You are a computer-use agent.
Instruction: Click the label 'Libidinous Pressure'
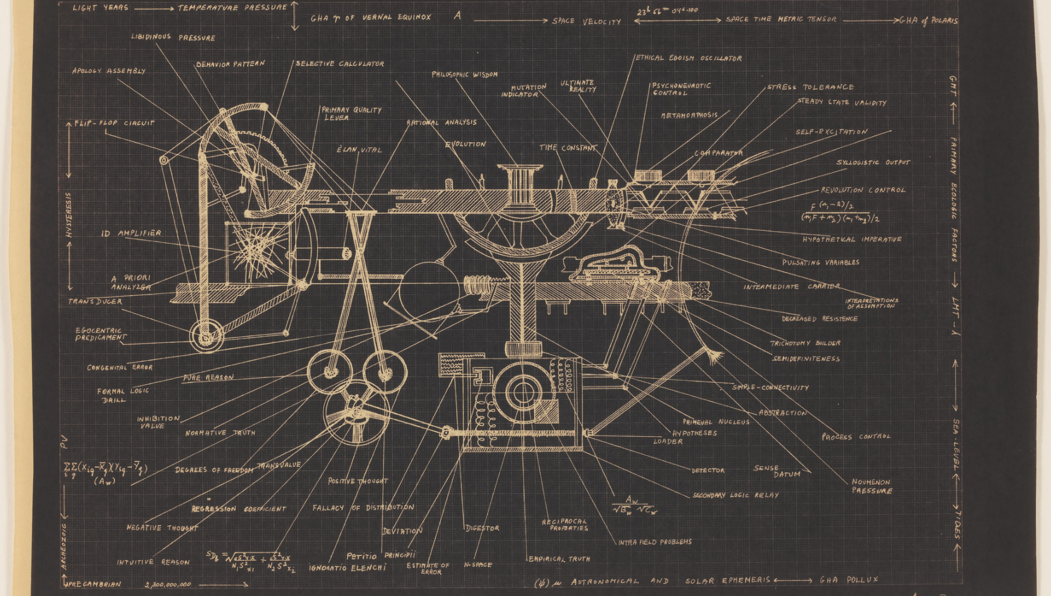click(x=173, y=37)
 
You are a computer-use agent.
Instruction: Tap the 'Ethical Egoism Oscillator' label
click(x=688, y=58)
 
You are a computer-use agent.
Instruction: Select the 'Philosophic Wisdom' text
click(x=464, y=74)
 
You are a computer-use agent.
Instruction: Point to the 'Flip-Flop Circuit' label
click(x=114, y=123)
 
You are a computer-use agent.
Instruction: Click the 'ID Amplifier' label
click(x=131, y=233)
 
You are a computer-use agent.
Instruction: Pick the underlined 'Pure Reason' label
click(x=208, y=378)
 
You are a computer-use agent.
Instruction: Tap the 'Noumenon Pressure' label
click(x=871, y=486)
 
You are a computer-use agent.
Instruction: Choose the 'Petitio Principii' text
click(x=381, y=556)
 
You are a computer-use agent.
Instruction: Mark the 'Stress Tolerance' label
click(x=810, y=87)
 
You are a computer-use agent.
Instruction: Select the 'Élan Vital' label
click(x=359, y=150)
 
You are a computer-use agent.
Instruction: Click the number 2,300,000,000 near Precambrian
click(x=168, y=584)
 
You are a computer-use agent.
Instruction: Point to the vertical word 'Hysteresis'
click(x=69, y=215)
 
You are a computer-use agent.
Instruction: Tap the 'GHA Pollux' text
click(x=848, y=580)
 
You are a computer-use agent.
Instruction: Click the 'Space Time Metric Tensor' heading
click(x=780, y=19)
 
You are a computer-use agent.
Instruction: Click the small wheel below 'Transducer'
click(x=206, y=336)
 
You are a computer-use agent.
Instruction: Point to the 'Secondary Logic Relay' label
click(x=735, y=495)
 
